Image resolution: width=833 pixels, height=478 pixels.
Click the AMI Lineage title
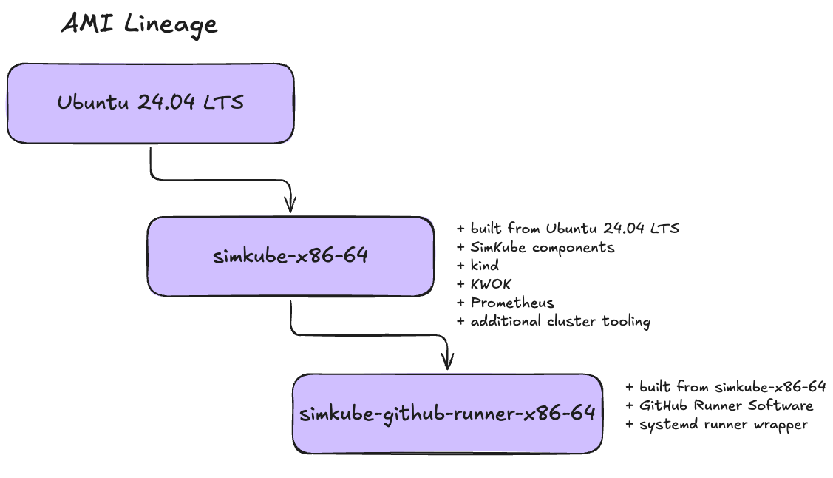(139, 24)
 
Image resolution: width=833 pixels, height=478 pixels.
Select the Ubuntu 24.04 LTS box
(151, 103)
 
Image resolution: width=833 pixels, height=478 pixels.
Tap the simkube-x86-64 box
(290, 257)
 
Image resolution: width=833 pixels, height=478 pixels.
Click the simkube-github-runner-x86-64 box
(447, 413)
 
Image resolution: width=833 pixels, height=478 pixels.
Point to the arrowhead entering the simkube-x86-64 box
(290, 204)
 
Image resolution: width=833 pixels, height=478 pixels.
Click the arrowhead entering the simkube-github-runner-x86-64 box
(447, 360)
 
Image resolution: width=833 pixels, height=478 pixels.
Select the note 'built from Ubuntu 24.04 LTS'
(568, 228)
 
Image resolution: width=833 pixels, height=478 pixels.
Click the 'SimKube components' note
(535, 246)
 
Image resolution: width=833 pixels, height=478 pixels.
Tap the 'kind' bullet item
(478, 265)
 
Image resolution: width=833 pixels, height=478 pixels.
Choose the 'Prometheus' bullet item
(506, 303)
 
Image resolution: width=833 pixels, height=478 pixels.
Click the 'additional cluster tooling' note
(554, 321)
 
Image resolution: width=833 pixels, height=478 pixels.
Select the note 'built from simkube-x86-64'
(725, 387)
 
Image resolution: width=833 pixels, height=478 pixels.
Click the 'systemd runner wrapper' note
(717, 424)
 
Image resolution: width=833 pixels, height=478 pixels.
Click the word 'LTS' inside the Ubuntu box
(225, 103)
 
